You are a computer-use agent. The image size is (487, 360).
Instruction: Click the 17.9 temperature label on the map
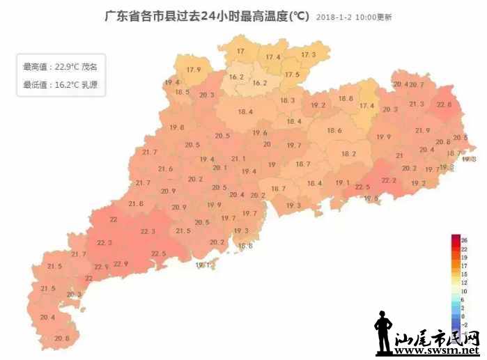pyautogui.click(x=194, y=70)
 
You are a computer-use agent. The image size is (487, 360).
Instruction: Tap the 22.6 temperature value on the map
pyautogui.click(x=444, y=104)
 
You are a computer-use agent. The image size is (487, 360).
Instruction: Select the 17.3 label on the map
pyautogui.click(x=308, y=54)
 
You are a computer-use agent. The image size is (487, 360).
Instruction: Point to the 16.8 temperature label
pyautogui.click(x=245, y=246)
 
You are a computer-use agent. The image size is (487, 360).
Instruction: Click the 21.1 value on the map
pyautogui.click(x=238, y=159)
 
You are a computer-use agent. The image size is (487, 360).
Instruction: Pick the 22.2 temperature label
pyautogui.click(x=389, y=180)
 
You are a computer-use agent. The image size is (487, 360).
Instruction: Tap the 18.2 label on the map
pyautogui.click(x=348, y=154)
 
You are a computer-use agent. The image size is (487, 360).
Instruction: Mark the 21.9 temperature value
pyautogui.click(x=423, y=130)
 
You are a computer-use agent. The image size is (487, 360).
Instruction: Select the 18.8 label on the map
pyautogui.click(x=346, y=99)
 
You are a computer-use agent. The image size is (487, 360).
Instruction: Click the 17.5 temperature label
pyautogui.click(x=292, y=75)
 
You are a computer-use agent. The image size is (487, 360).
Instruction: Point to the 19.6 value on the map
pyautogui.click(x=260, y=133)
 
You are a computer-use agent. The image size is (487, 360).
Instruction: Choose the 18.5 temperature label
pyautogui.click(x=183, y=92)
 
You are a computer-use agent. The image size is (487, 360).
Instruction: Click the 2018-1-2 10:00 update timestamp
pyautogui.click(x=353, y=17)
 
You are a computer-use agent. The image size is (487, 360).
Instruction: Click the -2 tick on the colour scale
pyautogui.click(x=464, y=324)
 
